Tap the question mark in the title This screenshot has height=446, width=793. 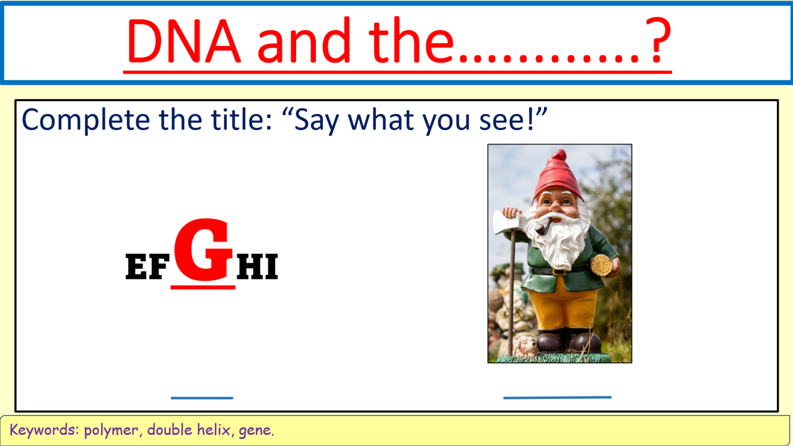coord(658,40)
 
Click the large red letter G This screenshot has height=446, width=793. coord(203,249)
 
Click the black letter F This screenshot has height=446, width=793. coord(159,266)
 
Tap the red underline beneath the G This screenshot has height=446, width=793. coord(203,287)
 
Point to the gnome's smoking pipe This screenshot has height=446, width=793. coord(545,227)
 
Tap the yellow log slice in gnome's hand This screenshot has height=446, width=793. coord(602,265)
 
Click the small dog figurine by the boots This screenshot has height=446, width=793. coord(525,346)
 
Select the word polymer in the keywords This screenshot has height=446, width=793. coord(111,431)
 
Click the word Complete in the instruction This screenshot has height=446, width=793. coord(85,120)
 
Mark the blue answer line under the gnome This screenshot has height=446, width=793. coord(557,398)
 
